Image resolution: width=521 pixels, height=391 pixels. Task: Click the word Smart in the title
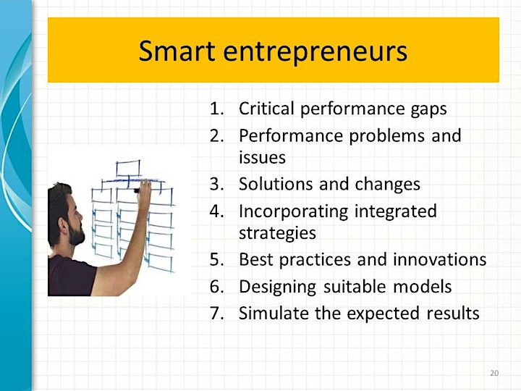point(177,51)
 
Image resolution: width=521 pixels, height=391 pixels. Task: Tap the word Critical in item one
point(266,109)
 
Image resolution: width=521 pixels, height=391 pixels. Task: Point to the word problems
point(386,135)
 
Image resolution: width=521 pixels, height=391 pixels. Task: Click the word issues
point(262,157)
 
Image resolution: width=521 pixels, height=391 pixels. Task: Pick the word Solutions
point(276,184)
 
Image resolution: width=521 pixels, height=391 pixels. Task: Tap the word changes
point(387,185)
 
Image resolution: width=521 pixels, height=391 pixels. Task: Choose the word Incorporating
point(293,212)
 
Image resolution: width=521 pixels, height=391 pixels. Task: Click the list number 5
point(216,260)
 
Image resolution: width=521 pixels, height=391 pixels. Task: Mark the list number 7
point(216,314)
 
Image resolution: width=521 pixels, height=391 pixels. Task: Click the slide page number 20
point(494,373)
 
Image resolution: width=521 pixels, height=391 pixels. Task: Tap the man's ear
point(63,227)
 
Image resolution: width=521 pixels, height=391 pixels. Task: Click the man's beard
point(76,234)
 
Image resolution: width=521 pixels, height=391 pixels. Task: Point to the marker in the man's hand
point(137,190)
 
